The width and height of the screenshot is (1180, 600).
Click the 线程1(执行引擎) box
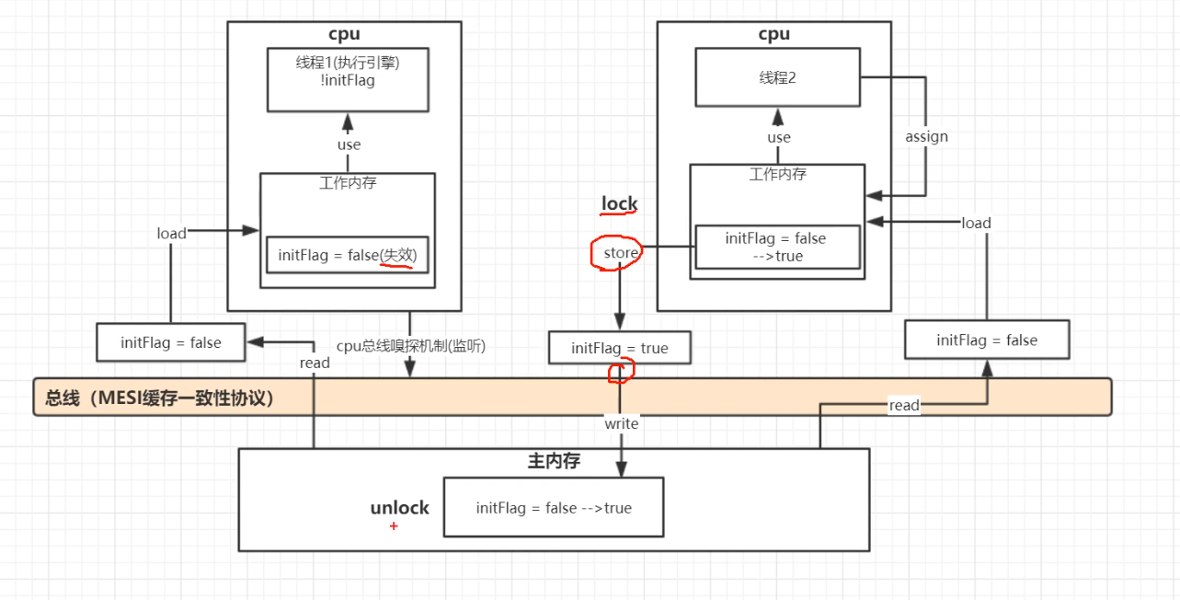point(348,79)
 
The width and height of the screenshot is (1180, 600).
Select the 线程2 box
point(777,77)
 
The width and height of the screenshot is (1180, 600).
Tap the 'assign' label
point(926,136)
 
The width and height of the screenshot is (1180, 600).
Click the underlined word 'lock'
point(619,203)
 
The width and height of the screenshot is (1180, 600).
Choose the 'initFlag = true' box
point(619,348)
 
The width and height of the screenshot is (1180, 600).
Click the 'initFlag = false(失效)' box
point(347,255)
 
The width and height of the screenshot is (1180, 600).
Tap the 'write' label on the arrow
point(621,423)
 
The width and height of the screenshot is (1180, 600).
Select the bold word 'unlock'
point(399,508)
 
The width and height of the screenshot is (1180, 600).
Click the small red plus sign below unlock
point(394,526)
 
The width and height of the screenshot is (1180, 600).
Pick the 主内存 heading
point(554,461)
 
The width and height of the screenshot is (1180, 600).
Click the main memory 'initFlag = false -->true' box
point(553,508)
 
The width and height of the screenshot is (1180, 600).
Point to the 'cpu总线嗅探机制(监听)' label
point(410,346)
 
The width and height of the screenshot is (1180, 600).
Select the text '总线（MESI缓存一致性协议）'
point(160,398)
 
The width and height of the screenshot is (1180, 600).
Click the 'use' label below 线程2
point(779,137)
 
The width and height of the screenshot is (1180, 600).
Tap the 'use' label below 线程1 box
point(349,144)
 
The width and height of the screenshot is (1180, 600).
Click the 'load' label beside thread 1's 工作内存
point(171,234)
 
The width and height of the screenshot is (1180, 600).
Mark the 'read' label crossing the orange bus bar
point(903,405)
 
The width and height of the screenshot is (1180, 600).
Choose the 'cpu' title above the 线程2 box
point(773,34)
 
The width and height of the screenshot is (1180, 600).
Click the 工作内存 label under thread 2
point(778,174)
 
